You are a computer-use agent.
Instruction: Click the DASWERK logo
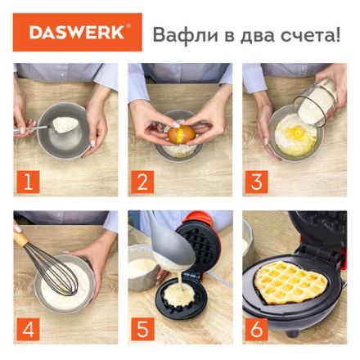click(77, 33)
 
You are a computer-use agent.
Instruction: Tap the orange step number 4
click(28, 329)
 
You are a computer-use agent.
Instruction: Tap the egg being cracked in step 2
click(182, 133)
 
